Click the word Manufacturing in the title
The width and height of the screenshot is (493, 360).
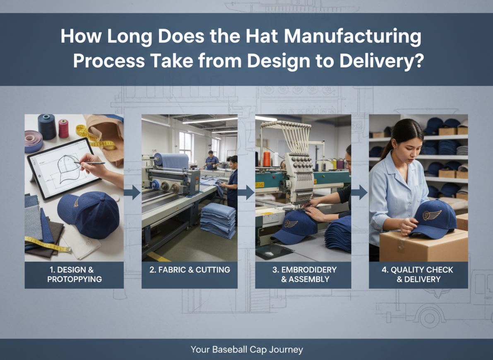352,37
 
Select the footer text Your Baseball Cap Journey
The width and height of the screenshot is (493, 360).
247,350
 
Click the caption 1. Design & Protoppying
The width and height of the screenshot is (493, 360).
74,274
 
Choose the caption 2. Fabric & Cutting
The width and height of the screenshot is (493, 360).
189,270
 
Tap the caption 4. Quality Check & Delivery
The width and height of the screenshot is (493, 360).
418,274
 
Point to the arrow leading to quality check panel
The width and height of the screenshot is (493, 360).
360,192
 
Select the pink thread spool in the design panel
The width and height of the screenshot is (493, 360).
63,128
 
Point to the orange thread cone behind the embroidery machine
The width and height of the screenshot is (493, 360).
267,158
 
